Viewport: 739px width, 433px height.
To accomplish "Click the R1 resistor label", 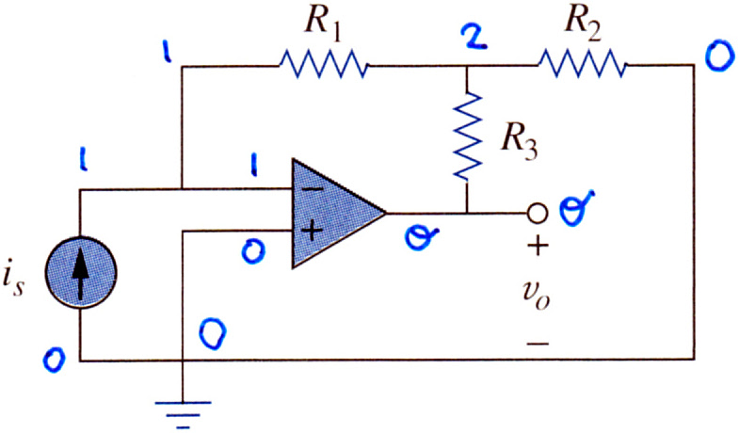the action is pyautogui.click(x=322, y=23).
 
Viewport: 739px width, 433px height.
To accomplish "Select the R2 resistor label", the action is pyautogui.click(x=583, y=23).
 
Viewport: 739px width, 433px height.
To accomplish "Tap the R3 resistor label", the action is pyautogui.click(x=519, y=141).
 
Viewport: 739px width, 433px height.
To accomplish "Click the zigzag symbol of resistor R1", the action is pyautogui.click(x=323, y=65).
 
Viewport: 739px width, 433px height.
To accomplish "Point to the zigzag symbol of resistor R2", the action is pyautogui.click(x=583, y=65).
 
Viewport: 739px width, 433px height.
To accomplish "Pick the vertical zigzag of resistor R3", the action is pyautogui.click(x=467, y=136).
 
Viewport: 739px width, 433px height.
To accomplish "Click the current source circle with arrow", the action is pyautogui.click(x=81, y=273).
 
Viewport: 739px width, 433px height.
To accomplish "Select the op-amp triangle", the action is pyautogui.click(x=338, y=214).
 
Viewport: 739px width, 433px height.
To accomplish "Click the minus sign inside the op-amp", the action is pyautogui.click(x=312, y=189).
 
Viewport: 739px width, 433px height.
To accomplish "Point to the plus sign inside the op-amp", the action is pyautogui.click(x=312, y=231).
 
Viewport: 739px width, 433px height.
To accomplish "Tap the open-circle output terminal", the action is pyautogui.click(x=537, y=214).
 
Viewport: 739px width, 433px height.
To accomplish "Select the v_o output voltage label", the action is pyautogui.click(x=537, y=295).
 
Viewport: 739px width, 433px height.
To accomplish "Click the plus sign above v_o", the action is pyautogui.click(x=538, y=246).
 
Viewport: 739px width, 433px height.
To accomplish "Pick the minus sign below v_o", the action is pyautogui.click(x=538, y=343).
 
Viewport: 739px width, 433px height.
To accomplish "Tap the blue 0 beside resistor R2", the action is pyautogui.click(x=719, y=56).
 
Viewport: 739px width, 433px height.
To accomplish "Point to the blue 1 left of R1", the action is pyautogui.click(x=167, y=51).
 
